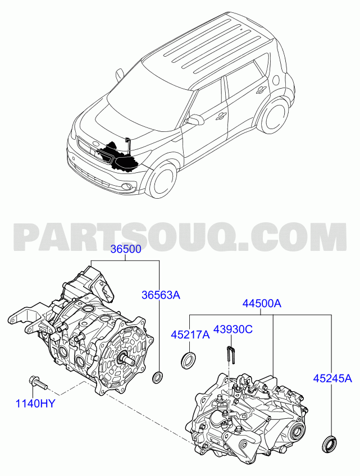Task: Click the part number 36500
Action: pos(126,249)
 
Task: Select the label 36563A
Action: pos(161,295)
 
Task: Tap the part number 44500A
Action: pos(262,303)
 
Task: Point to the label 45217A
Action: pos(190,335)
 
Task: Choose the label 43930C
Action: pos(233,329)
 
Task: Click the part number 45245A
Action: pos(332,378)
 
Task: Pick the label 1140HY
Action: pos(35,404)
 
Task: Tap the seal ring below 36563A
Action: pos(157,377)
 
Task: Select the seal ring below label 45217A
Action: pos(189,360)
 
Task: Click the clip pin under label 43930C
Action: pos(231,355)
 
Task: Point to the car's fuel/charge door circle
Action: pos(276,79)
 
